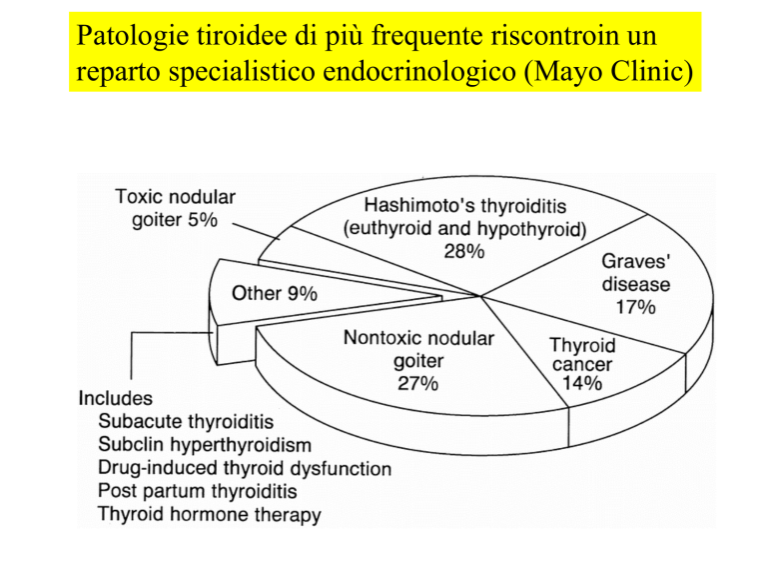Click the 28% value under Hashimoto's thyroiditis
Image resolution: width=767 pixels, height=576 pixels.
click(464, 252)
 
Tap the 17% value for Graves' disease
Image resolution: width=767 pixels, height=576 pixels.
click(635, 307)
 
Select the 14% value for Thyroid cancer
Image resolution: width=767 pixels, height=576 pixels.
click(582, 383)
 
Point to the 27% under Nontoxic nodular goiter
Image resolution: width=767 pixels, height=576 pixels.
click(417, 383)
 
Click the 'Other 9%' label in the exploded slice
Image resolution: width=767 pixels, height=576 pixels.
click(275, 293)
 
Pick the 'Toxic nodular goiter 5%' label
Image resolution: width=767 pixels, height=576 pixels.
click(175, 208)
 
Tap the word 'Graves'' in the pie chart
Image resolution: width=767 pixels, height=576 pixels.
click(635, 261)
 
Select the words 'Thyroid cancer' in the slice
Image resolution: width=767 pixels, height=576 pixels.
click(582, 355)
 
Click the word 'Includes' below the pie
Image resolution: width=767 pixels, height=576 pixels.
click(116, 398)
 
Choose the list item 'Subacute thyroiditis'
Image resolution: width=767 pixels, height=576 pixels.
click(186, 421)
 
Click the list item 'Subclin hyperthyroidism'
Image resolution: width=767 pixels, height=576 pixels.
click(205, 445)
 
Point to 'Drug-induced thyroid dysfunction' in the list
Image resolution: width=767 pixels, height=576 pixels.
click(245, 468)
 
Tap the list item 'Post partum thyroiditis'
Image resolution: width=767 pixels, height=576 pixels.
click(198, 491)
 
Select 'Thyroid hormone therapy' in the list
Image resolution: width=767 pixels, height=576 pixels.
click(210, 514)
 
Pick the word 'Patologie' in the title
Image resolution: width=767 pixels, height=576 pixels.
click(133, 36)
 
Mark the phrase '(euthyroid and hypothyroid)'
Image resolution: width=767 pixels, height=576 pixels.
click(464, 229)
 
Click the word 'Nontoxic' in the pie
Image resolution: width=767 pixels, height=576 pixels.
click(380, 337)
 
